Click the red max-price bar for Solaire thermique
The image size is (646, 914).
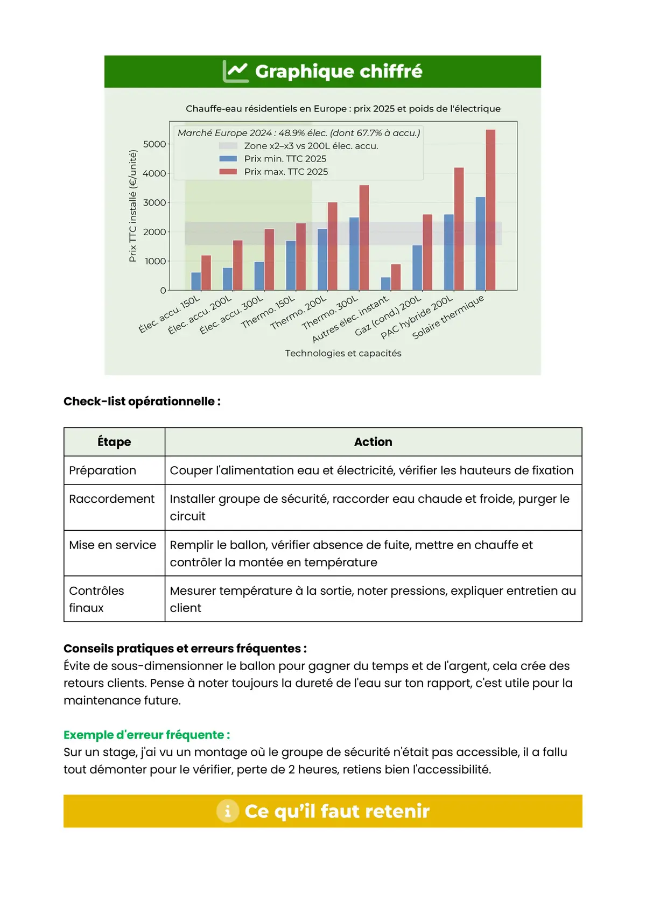point(490,210)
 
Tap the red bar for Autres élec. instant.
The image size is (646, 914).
point(396,277)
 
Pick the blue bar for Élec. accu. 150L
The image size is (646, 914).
point(196,282)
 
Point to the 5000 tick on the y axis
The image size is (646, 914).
point(155,144)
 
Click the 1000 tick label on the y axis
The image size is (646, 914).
point(155,261)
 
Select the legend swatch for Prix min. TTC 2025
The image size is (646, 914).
point(228,159)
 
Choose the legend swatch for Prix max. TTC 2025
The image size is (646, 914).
point(228,172)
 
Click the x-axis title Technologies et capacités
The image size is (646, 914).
point(343,353)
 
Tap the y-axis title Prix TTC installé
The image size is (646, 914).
point(132,206)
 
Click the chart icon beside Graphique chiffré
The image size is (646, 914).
point(236,72)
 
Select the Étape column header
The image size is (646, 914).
point(114,442)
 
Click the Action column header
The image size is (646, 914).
point(373,442)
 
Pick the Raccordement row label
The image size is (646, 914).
point(112,499)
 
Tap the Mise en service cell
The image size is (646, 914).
point(113,545)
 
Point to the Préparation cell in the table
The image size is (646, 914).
point(103,470)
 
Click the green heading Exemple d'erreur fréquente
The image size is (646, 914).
point(146,735)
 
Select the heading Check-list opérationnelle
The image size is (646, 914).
point(142,402)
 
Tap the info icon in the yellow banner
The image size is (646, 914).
point(228,811)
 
